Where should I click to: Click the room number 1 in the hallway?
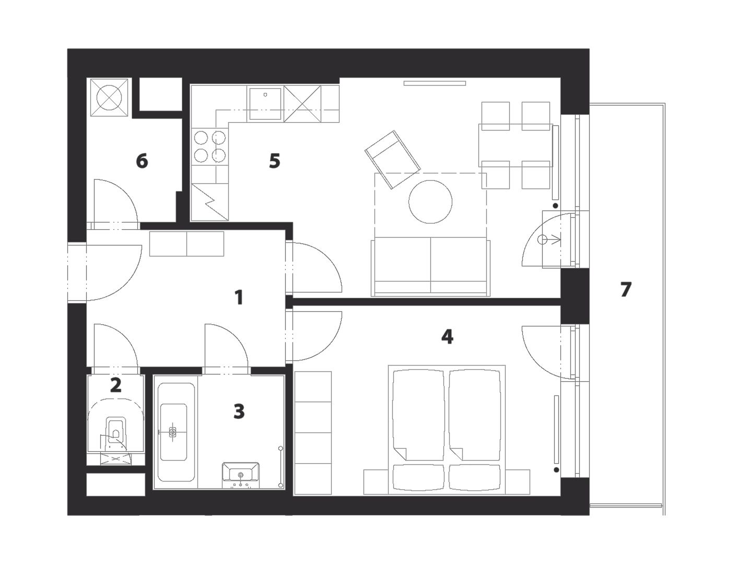click(x=239, y=298)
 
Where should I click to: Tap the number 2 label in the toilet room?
click(x=115, y=385)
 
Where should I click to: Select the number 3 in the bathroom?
click(x=239, y=411)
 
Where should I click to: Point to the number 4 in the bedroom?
click(x=447, y=336)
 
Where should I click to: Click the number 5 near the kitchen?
click(x=274, y=161)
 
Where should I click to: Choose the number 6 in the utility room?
click(x=142, y=161)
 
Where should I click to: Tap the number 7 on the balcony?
click(x=626, y=289)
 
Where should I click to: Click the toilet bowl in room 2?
click(x=116, y=434)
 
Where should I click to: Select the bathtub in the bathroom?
click(x=173, y=432)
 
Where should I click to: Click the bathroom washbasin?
click(x=240, y=475)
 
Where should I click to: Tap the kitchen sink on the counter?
click(x=265, y=104)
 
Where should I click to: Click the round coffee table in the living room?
click(x=430, y=202)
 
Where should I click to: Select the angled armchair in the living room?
click(x=393, y=159)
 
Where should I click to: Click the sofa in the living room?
click(x=430, y=266)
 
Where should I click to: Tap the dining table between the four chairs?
click(x=516, y=145)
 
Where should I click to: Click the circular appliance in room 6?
click(x=109, y=98)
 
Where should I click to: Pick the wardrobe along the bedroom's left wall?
click(x=313, y=433)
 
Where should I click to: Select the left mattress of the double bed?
click(x=418, y=415)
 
